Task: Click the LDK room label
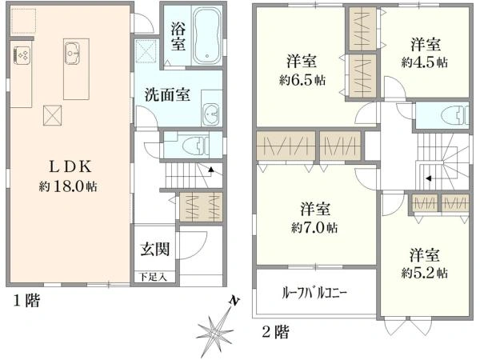point(73,167)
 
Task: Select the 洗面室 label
point(167,94)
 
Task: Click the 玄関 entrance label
point(155,249)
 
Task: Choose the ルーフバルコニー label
point(314,293)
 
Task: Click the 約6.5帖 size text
point(302,80)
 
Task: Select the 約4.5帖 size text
point(425,62)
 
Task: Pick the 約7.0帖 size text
point(314,227)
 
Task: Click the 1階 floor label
point(26,302)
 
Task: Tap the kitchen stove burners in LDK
point(21,55)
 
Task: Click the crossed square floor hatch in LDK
point(52,114)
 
